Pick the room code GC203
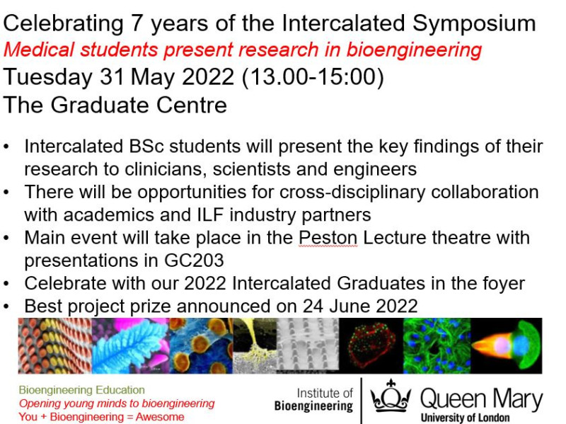point(191,260)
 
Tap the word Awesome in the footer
point(159,417)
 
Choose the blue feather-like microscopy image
point(125,345)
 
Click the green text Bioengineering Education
point(81,390)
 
